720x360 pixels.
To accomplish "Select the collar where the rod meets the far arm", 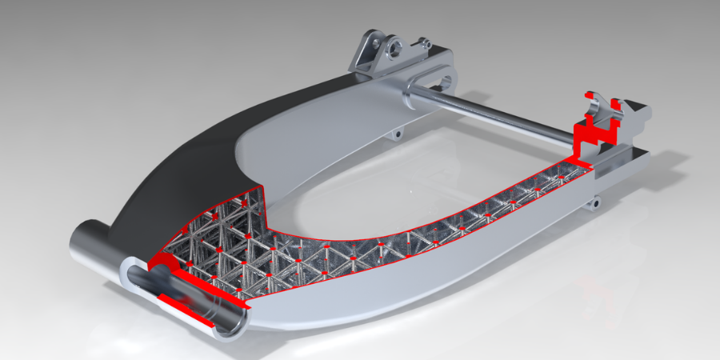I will click(x=414, y=87).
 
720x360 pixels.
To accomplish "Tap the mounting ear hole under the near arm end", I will click(x=594, y=205).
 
